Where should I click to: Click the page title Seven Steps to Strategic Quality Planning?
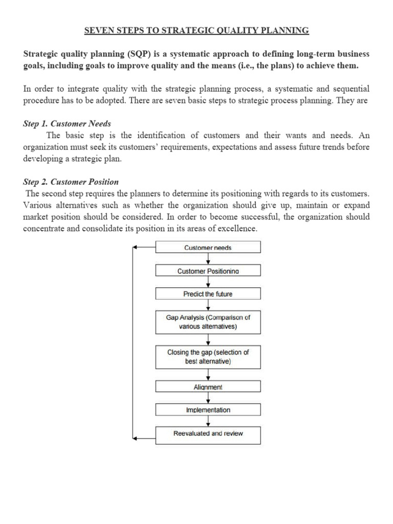[x=196, y=31]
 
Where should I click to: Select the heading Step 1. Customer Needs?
[x=67, y=124]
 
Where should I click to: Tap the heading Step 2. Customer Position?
[x=71, y=182]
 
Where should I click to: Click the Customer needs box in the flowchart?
[x=208, y=248]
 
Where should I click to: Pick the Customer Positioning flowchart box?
[x=208, y=271]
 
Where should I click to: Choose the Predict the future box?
[x=208, y=294]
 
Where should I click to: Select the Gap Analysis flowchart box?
[x=208, y=321]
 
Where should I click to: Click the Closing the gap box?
[x=208, y=357]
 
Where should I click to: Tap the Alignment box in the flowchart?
[x=208, y=387]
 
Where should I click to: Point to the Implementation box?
[x=208, y=410]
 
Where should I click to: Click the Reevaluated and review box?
[x=208, y=434]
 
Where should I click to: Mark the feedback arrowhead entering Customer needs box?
[x=136, y=248]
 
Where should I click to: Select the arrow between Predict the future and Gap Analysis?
[x=208, y=304]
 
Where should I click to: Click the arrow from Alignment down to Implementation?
[x=208, y=398]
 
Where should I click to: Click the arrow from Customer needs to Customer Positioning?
[x=208, y=259]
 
